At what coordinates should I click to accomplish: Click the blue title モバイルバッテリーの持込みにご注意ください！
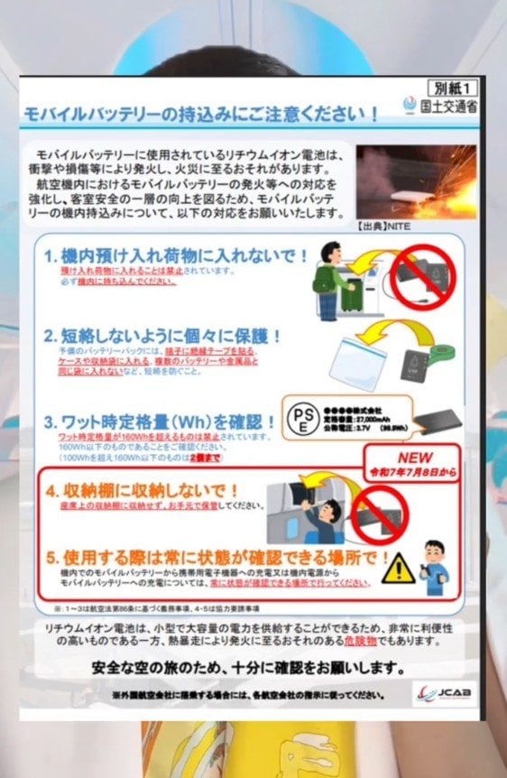199,115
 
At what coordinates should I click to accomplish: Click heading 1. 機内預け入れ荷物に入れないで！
177,256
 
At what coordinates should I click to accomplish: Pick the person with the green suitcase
335,281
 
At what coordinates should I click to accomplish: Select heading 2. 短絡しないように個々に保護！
163,337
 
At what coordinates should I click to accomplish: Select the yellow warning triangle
397,569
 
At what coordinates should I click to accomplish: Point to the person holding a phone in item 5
436,561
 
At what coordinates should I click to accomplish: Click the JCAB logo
447,692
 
